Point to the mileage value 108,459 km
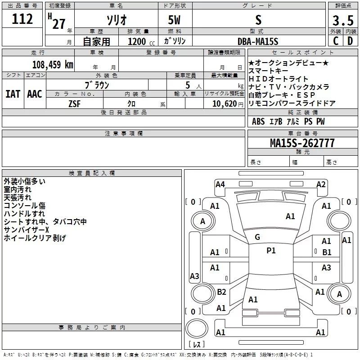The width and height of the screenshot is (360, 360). [x=53, y=64]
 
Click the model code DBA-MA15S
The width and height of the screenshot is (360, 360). [x=258, y=41]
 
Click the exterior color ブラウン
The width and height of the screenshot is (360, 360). [x=97, y=85]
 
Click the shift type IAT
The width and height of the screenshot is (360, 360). [x=13, y=94]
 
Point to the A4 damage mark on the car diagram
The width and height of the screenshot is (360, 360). [x=220, y=184]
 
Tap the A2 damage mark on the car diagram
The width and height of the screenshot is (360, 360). [x=321, y=184]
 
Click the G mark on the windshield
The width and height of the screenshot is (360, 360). [x=257, y=237]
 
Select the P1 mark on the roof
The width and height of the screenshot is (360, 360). [x=271, y=251]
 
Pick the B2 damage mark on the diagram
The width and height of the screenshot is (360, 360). [x=221, y=292]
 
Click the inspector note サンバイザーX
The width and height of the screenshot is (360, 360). [x=26, y=230]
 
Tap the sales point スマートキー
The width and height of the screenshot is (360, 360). [x=270, y=71]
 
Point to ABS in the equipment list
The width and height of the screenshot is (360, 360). [x=258, y=121]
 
